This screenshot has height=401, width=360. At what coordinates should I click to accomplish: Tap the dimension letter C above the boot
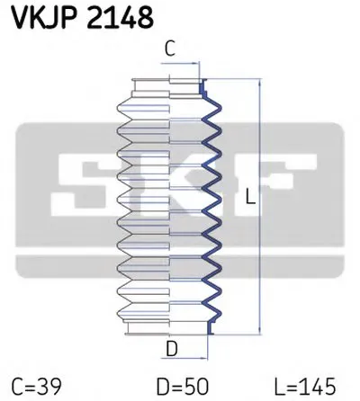pyautogui.click(x=170, y=49)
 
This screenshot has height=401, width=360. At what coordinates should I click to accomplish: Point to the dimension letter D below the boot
pyautogui.click(x=172, y=349)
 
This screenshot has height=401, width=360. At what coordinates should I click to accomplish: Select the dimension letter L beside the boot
pyautogui.click(x=250, y=196)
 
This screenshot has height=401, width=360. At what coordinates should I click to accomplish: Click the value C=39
pyautogui.click(x=37, y=387)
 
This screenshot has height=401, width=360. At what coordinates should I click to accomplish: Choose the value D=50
pyautogui.click(x=183, y=387)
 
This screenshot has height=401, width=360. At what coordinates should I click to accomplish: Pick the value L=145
pyautogui.click(x=305, y=387)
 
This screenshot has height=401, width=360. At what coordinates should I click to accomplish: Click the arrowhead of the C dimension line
pyautogui.click(x=196, y=63)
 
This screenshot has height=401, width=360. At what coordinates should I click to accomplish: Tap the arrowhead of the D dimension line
pyautogui.click(x=204, y=358)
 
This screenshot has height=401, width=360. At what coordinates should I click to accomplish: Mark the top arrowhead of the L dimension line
pyautogui.click(x=260, y=83)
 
